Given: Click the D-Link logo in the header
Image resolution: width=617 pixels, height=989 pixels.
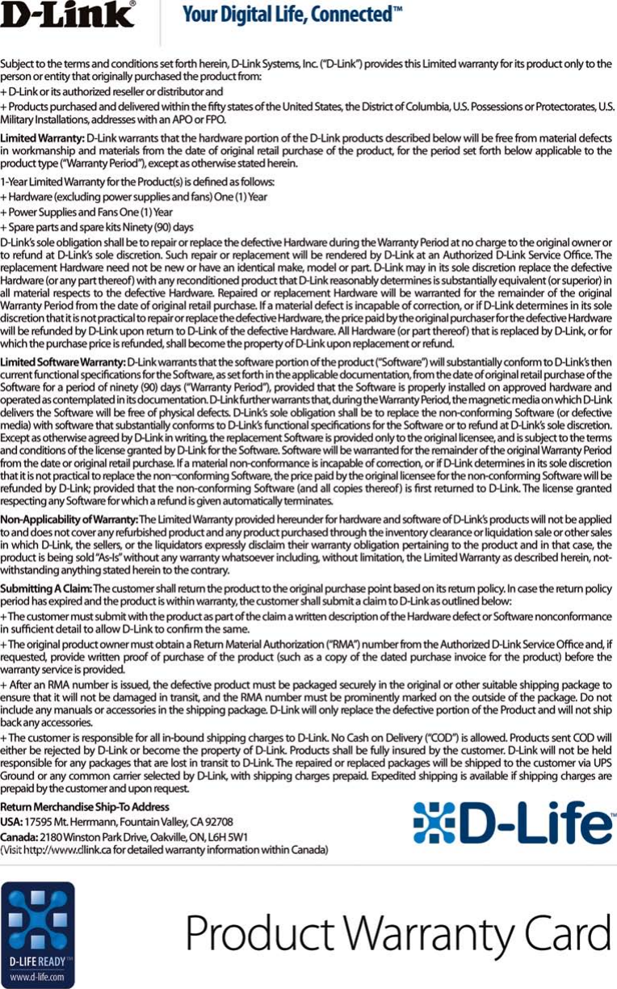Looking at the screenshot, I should click(68, 15).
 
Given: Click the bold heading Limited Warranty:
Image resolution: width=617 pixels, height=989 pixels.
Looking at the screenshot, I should click(42, 139).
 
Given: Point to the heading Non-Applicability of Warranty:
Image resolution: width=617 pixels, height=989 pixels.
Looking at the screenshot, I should click(69, 519).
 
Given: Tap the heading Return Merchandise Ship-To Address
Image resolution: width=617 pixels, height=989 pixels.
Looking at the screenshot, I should click(85, 807).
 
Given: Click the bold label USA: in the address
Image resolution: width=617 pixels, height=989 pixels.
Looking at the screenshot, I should click(11, 822).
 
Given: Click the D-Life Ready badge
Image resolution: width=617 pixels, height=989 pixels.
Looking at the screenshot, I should click(38, 934).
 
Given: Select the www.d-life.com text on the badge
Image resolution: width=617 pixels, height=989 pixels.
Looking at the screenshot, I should click(38, 976).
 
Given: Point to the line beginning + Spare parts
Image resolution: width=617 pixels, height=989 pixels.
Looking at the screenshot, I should click(97, 226).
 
